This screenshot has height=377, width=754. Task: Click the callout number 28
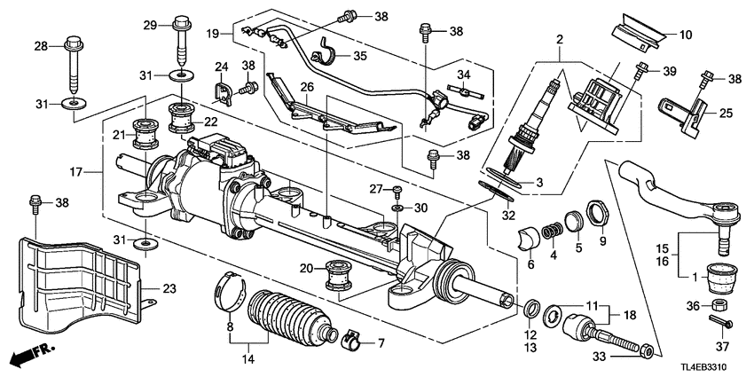pyautogui.click(x=39, y=44)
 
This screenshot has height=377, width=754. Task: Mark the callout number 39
pyautogui.click(x=670, y=69)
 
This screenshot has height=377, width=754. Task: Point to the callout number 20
pyautogui.click(x=306, y=268)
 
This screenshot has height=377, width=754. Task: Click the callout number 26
pyautogui.click(x=306, y=87)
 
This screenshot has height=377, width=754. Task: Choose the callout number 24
pyautogui.click(x=220, y=67)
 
